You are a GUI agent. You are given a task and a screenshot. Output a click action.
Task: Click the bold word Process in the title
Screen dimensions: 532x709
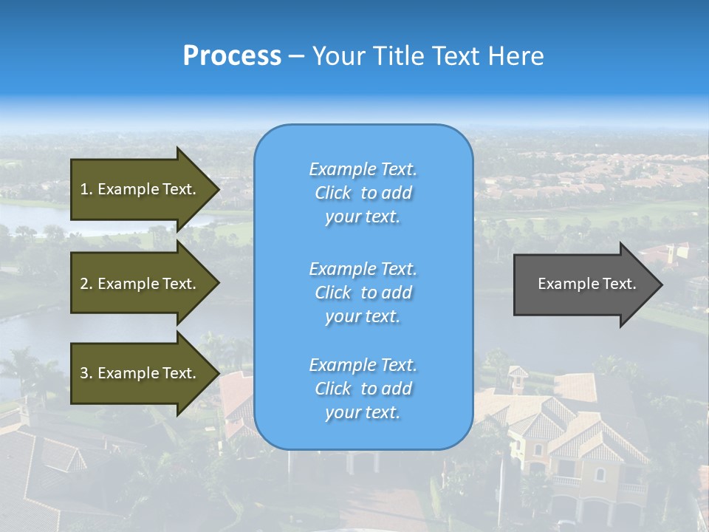[x=232, y=56]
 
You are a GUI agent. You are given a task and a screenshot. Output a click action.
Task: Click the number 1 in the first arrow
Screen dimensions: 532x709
[x=84, y=189]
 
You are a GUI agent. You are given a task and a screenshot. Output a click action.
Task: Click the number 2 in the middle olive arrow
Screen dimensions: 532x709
[x=84, y=284]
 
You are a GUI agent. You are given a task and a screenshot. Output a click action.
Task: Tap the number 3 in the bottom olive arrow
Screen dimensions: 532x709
[x=84, y=373]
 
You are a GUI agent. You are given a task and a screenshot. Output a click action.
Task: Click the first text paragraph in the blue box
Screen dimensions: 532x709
[x=363, y=193]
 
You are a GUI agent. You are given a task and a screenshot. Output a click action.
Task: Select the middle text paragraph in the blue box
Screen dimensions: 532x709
[x=363, y=292]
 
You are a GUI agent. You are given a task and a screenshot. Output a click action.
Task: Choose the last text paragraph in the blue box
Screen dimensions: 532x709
[x=363, y=389]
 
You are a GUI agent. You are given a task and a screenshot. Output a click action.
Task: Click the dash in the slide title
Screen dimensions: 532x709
[x=297, y=56]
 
